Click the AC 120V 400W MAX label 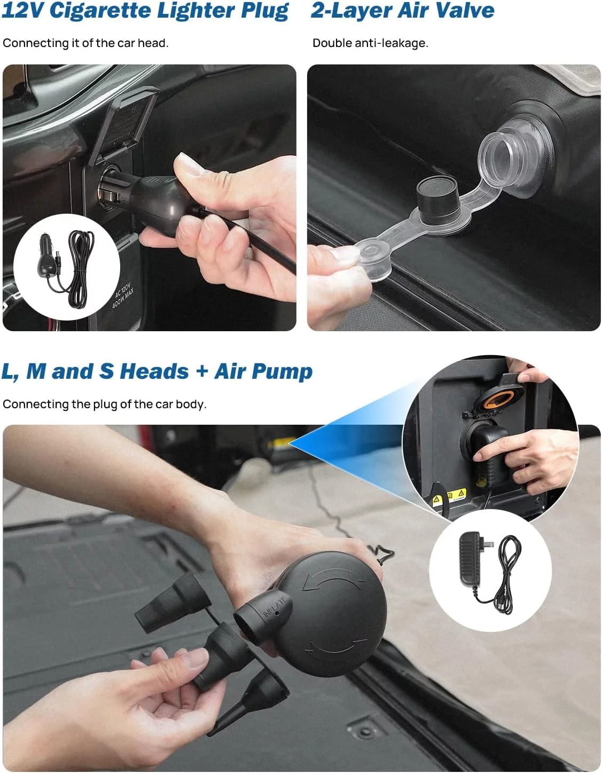(123, 294)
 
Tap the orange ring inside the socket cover (499, 400)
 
